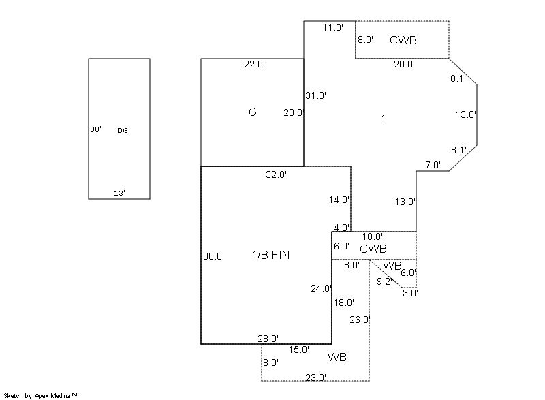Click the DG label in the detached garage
point(123,130)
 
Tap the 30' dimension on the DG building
point(95,129)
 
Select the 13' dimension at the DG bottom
point(119,194)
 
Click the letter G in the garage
point(252,112)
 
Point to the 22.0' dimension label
point(254,65)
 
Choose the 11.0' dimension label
point(332,27)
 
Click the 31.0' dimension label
point(316,95)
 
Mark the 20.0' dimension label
point(404,65)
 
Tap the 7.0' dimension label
point(433,165)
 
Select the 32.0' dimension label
point(276,174)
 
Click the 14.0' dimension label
point(339,200)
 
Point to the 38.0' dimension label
point(214,257)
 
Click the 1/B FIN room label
point(270,255)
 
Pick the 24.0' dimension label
point(322,288)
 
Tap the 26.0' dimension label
point(360,319)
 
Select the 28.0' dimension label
point(268,338)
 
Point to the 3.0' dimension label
point(410,293)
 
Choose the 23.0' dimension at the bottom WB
point(315,377)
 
